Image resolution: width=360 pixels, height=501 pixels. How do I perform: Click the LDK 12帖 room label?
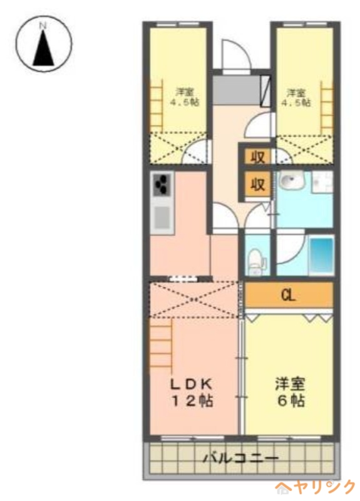pyautogui.click(x=192, y=393)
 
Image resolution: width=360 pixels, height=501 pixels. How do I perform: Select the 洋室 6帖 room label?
pyautogui.click(x=291, y=393)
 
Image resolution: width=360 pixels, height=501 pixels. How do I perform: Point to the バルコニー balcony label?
pyautogui.click(x=241, y=458)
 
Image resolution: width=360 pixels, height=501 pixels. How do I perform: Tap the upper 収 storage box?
pyautogui.click(x=257, y=157)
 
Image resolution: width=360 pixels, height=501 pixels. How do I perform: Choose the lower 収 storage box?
pyautogui.click(x=257, y=184)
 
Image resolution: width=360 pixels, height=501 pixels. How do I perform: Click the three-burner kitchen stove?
pyautogui.click(x=163, y=185)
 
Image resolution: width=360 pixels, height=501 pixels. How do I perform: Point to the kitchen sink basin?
pyautogui.click(x=162, y=217)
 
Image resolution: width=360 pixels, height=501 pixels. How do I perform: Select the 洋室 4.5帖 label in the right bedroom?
pyautogui.click(x=296, y=98)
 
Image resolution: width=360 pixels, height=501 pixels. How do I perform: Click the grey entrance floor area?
pyautogui.click(x=237, y=90)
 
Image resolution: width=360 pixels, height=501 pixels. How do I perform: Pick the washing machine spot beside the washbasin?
pyautogui.click(x=322, y=182)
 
